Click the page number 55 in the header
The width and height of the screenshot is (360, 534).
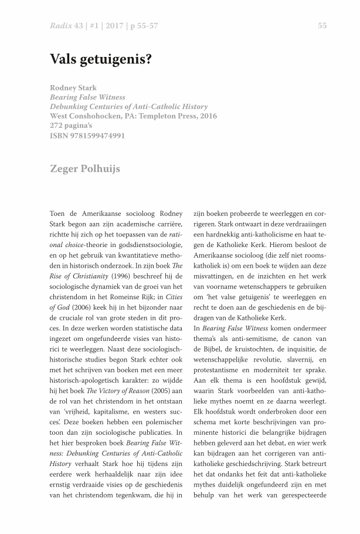pos(322,25)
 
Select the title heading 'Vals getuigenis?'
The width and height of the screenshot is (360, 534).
pos(101,60)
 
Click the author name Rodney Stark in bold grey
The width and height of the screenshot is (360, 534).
pos(73,88)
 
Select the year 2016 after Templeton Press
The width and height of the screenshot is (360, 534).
pos(205,116)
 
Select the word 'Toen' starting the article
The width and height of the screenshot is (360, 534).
pos(59,213)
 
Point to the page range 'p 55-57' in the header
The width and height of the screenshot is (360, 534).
pos(144,25)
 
